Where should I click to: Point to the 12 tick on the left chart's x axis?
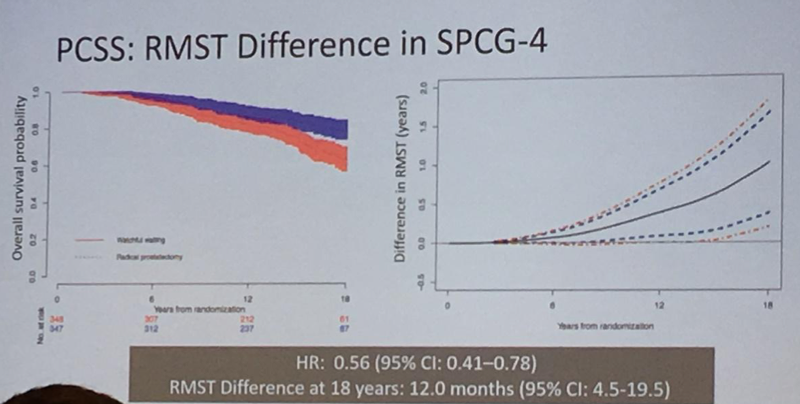(246, 299)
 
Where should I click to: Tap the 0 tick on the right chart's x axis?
(448, 301)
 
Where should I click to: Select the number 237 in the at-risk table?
(247, 326)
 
